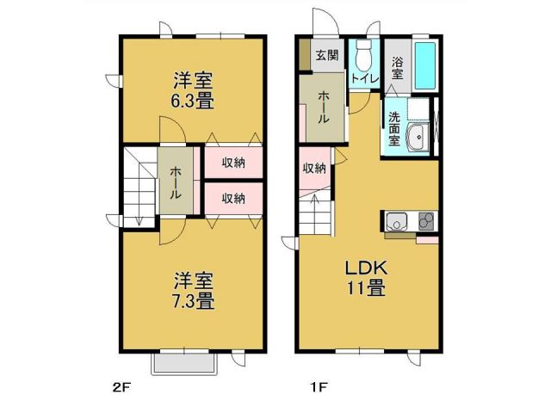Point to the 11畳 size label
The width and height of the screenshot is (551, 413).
point(366,289)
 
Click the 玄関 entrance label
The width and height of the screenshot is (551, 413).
point(326,57)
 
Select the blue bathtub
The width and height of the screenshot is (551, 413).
point(424,63)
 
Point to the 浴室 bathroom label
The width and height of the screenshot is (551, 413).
point(398,68)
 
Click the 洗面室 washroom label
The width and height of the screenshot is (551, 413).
point(394,129)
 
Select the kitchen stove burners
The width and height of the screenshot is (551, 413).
point(425,221)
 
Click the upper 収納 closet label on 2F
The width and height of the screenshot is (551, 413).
point(233,163)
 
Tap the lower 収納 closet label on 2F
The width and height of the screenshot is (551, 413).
point(233,197)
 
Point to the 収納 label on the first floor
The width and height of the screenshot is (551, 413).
point(314,168)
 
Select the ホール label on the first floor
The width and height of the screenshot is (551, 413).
point(323,108)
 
